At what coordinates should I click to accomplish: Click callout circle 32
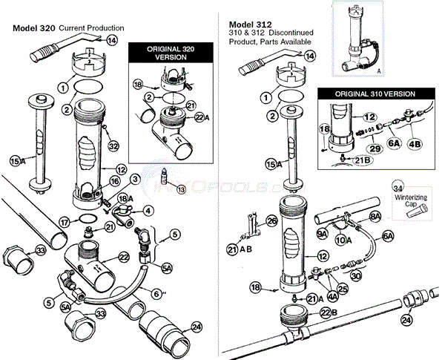[113, 147]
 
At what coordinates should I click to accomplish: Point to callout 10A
[344, 239]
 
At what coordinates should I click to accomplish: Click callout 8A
[374, 216]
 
